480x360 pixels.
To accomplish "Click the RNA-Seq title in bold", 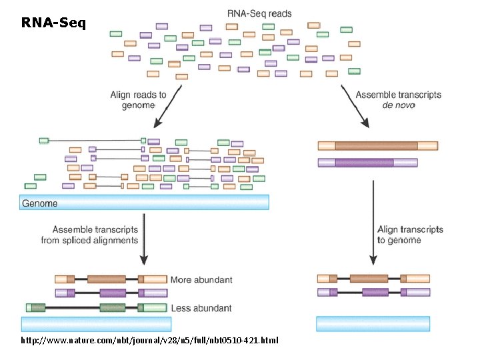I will point(53,23).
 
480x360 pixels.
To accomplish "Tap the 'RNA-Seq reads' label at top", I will point(259,13).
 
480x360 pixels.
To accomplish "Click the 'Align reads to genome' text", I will point(138,100).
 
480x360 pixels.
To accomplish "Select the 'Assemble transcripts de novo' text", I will point(398,100).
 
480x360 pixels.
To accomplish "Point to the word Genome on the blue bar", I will point(40,203).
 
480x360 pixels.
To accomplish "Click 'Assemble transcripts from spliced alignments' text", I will point(89,235).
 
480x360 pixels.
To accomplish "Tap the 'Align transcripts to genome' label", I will point(410,235).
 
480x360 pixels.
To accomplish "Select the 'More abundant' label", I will point(201,280).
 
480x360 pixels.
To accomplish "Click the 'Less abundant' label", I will point(201,308).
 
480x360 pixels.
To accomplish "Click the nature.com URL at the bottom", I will point(150,341).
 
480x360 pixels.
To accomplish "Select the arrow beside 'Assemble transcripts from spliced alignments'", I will point(144,243).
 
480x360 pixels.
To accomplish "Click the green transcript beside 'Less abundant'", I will point(96,307).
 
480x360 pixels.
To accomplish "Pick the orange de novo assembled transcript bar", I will point(377,146).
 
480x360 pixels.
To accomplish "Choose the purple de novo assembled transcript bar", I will point(367,162).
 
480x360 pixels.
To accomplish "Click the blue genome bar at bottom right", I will point(373,324).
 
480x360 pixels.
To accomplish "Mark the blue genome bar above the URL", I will point(96,324).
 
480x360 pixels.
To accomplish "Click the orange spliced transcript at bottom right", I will point(373,279).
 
